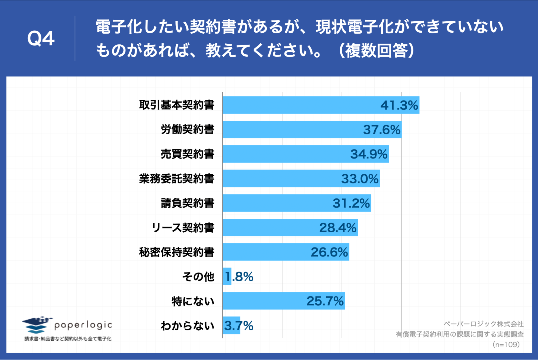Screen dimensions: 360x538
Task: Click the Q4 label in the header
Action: click(41, 38)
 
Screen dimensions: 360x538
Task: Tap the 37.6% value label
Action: click(382, 130)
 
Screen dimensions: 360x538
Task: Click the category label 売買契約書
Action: click(188, 154)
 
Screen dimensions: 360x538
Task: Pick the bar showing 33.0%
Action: click(283, 179)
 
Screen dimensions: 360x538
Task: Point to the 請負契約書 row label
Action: click(188, 203)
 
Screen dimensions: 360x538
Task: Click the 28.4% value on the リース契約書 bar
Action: click(338, 228)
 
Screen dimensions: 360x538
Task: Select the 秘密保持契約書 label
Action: click(177, 252)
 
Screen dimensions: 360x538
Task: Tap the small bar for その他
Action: click(227, 277)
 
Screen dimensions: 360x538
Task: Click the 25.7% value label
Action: click(325, 301)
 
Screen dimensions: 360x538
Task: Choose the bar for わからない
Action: click(231, 326)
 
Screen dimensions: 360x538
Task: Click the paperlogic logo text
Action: click(83, 325)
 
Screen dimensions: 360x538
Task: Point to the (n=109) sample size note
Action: click(506, 345)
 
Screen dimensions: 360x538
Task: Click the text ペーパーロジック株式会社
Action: click(483, 324)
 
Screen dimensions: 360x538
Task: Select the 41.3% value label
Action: click(399, 105)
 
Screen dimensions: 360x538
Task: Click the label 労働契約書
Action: click(188, 130)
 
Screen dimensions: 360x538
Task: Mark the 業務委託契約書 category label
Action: click(177, 179)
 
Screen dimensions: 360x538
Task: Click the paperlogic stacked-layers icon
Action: click(36, 325)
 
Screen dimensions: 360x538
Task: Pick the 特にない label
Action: click(193, 301)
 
